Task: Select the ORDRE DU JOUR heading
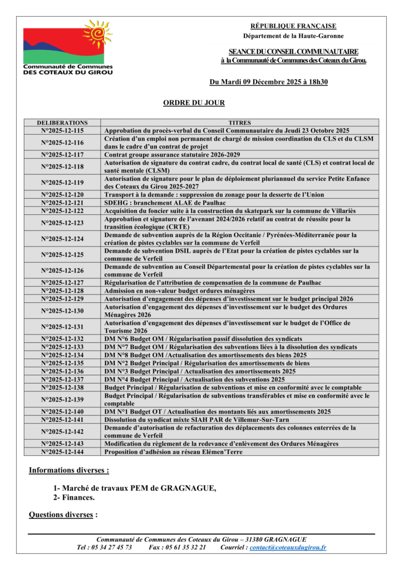click(x=194, y=103)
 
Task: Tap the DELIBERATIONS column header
click(x=62, y=122)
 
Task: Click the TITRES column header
click(x=240, y=122)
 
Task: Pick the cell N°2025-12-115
click(x=62, y=130)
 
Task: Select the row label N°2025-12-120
click(x=62, y=195)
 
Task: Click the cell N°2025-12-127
click(x=62, y=282)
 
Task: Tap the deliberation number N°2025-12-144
click(x=62, y=452)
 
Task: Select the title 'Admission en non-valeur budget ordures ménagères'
click(x=179, y=291)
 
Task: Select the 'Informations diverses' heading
click(x=68, y=470)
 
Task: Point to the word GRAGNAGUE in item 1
click(x=187, y=488)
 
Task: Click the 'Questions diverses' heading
click(x=62, y=515)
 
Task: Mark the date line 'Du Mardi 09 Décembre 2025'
click(x=268, y=82)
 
